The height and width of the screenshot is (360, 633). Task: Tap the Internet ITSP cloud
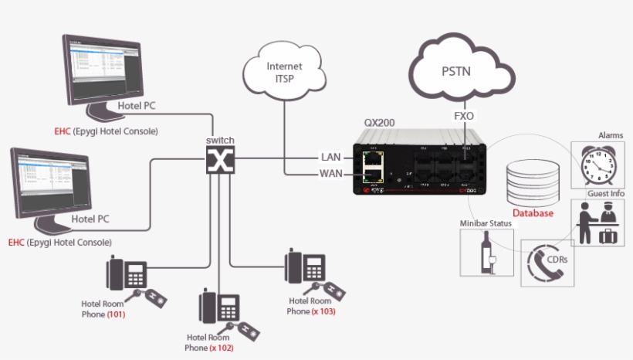coord(284,73)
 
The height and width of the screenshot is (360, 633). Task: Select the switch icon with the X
coord(220,161)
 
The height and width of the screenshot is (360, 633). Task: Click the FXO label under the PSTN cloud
coord(464,117)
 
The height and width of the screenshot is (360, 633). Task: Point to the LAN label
coord(330,157)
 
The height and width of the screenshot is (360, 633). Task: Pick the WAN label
coord(330,173)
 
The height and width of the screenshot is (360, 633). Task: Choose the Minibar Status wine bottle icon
coord(487,251)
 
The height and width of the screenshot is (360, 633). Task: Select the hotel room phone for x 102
coord(218,308)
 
